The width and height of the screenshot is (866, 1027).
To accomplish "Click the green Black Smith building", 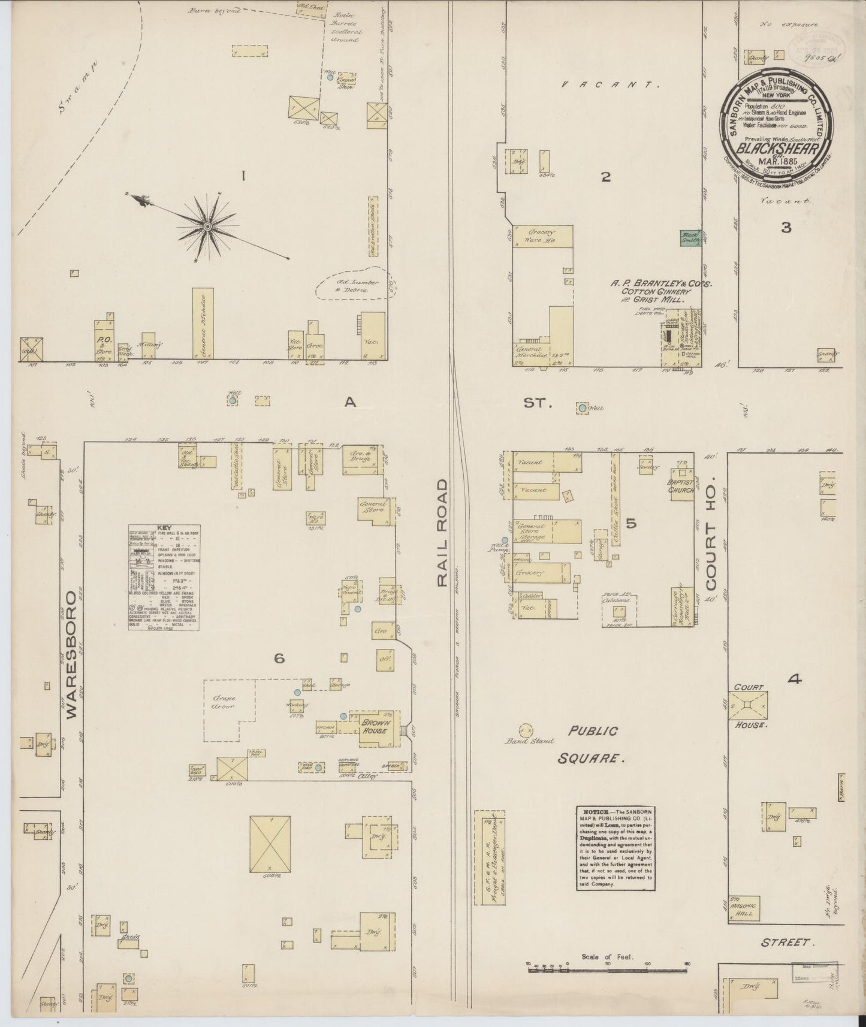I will coord(690,238).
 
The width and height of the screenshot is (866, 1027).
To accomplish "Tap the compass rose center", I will coord(207,226).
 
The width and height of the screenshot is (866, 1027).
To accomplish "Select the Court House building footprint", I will coord(747,706).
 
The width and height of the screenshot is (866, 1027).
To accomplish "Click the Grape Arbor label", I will coord(222,702).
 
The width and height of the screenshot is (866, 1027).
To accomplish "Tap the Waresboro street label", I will coord(72,654).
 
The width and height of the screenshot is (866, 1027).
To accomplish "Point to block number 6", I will coord(279,659).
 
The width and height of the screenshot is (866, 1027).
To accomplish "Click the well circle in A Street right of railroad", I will coord(581,408).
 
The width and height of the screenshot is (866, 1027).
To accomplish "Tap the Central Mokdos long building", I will coord(203,324).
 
